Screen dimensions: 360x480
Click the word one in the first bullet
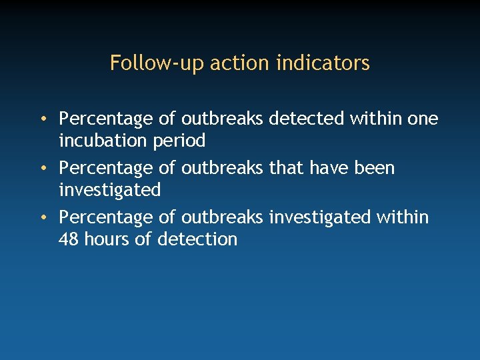point(423,119)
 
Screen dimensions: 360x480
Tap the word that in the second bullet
point(285,168)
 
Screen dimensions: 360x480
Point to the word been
point(375,168)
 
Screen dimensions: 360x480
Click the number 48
point(69,239)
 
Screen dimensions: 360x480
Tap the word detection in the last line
point(197,239)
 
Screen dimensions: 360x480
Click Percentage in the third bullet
point(106,218)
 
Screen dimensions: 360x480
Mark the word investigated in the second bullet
point(110,191)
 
